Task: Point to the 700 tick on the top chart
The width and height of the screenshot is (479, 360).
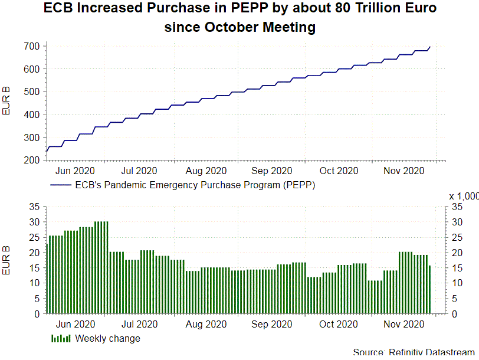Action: coord(32,46)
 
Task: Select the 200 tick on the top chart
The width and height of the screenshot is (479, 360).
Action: coord(32,161)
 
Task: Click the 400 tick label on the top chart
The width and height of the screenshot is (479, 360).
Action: coord(32,115)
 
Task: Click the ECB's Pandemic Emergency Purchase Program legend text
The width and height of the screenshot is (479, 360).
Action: coord(195,185)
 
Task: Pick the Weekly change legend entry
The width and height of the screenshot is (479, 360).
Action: coord(108,338)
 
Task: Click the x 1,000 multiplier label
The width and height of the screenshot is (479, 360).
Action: coord(464,197)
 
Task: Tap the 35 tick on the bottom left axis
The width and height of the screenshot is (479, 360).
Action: coord(34,207)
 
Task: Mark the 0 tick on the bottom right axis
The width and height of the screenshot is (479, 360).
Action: coord(454,314)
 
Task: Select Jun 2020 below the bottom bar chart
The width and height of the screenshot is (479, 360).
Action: coord(76,325)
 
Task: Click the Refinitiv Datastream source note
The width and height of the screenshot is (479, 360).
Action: coord(414,352)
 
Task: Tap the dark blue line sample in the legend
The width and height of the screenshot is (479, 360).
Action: coord(61,185)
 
